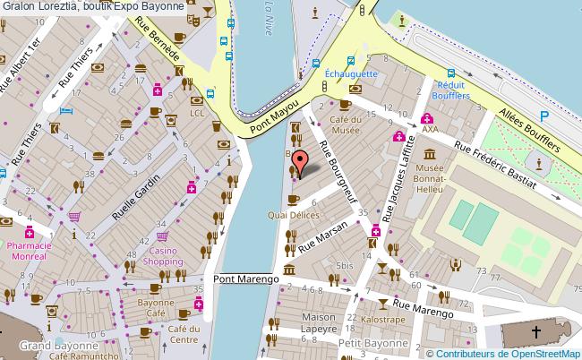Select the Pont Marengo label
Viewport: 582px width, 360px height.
click(246, 279)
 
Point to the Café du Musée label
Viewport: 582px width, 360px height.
click(345, 124)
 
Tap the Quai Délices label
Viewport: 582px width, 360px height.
click(293, 215)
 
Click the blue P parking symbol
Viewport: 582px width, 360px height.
click(545, 116)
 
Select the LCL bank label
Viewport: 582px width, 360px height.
click(197, 113)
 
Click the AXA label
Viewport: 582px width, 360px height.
click(430, 129)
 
